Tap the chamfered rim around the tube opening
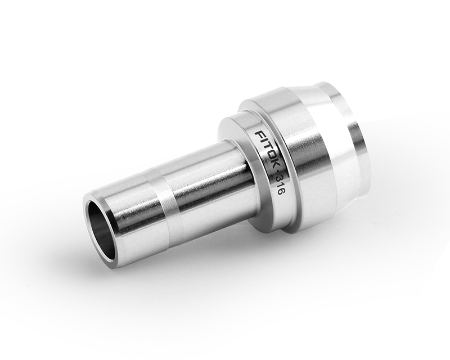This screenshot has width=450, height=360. tap(90, 211)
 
